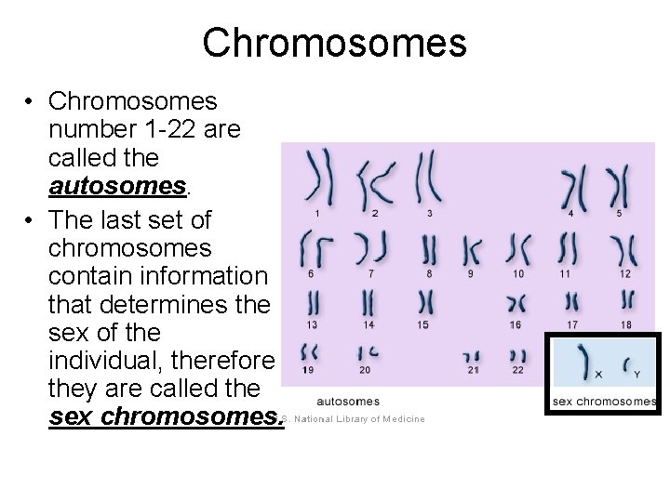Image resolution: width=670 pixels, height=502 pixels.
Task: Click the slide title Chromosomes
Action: coord(334,42)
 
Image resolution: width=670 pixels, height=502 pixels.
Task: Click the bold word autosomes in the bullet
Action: coord(118,187)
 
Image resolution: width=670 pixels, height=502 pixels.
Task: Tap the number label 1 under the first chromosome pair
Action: coord(317,214)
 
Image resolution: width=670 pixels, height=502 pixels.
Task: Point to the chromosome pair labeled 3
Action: coord(429,176)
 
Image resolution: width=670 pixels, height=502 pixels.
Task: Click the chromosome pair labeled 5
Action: coord(619,186)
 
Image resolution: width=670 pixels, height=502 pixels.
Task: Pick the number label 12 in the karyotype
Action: coord(624,273)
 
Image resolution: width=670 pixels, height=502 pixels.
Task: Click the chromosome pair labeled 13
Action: coord(315,302)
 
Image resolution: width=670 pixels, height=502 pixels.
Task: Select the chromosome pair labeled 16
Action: coord(516,302)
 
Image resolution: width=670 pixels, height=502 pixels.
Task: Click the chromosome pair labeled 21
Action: coord(473,357)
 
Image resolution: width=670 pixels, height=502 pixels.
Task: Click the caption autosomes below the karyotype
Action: coord(348,402)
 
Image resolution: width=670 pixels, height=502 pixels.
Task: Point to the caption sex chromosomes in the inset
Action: coord(604,402)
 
